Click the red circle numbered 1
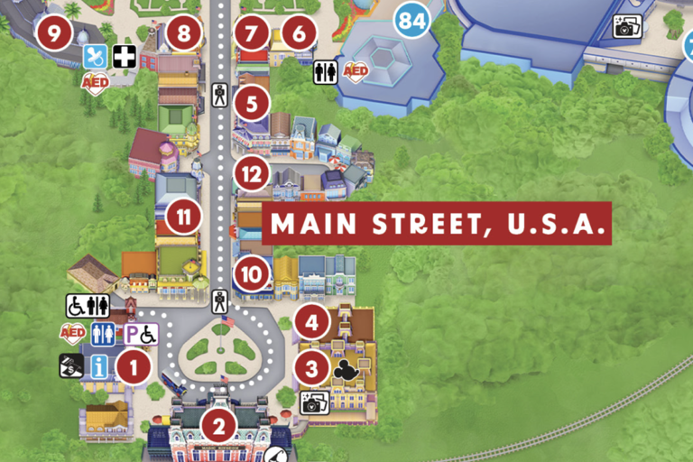click(x=134, y=366)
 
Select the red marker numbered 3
click(x=311, y=368)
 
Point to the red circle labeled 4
click(x=311, y=322)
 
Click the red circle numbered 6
click(x=298, y=34)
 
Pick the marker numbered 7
click(x=250, y=34)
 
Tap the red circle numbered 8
click(x=184, y=34)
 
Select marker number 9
click(x=53, y=34)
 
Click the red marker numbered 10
click(x=252, y=273)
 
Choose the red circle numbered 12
click(x=252, y=172)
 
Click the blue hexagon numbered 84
click(x=411, y=19)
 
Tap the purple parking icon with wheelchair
click(x=140, y=334)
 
